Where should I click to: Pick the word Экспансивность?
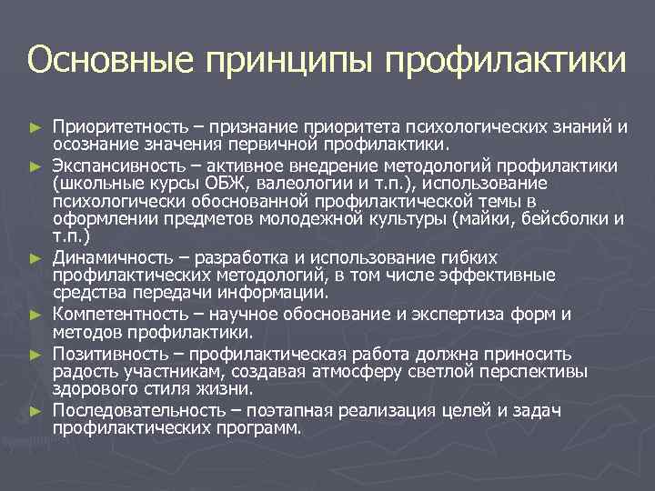click(x=113, y=166)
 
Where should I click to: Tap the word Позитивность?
click(x=104, y=354)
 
